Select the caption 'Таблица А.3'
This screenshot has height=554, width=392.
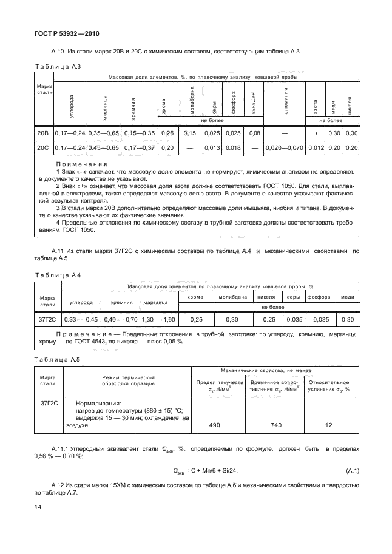(55, 66)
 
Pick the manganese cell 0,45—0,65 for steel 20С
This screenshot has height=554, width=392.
(104, 147)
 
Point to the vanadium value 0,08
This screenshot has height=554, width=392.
(254, 133)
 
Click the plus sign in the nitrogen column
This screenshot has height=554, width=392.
(316, 133)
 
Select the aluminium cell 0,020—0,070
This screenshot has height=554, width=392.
(285, 147)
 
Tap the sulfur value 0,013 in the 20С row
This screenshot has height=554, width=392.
(212, 147)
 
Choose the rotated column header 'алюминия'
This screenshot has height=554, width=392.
(285, 100)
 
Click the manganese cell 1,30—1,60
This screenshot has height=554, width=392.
(158, 319)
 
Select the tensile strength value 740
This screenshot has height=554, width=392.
(275, 425)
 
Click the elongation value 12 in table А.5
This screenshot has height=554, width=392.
(329, 425)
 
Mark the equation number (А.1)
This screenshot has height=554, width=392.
(353, 470)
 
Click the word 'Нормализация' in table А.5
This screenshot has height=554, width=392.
(98, 402)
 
